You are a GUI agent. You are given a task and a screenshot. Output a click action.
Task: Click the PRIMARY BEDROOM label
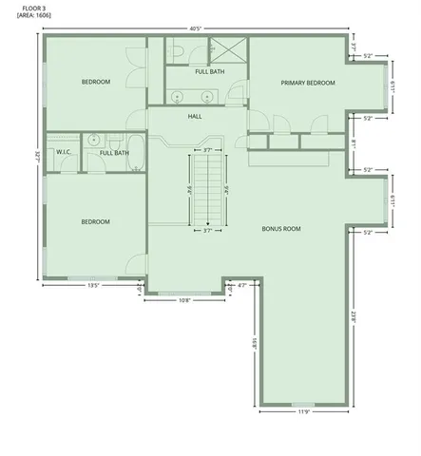coord(308,83)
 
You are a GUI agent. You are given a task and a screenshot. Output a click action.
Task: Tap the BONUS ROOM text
coord(281,229)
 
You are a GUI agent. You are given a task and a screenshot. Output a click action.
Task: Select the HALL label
coord(195,116)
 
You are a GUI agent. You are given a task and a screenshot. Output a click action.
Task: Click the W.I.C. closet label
coord(64,152)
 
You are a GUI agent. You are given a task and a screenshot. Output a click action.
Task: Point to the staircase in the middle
coord(209,188)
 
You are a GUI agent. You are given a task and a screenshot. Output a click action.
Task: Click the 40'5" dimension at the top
coord(194,28)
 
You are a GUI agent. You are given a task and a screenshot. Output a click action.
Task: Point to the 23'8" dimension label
coord(353,317)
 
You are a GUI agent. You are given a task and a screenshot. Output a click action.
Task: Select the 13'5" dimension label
coord(94,284)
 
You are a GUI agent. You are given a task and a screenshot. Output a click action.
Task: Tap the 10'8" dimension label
coord(185,300)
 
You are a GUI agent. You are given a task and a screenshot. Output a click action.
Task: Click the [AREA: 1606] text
coord(37,16)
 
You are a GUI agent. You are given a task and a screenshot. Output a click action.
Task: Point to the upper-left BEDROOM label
coord(95,82)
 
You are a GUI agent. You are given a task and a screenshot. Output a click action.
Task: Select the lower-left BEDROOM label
coord(95,221)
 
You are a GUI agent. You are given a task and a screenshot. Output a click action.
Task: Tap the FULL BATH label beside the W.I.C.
coord(114,152)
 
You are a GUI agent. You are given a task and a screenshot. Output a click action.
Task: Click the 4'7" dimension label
coord(241,285)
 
